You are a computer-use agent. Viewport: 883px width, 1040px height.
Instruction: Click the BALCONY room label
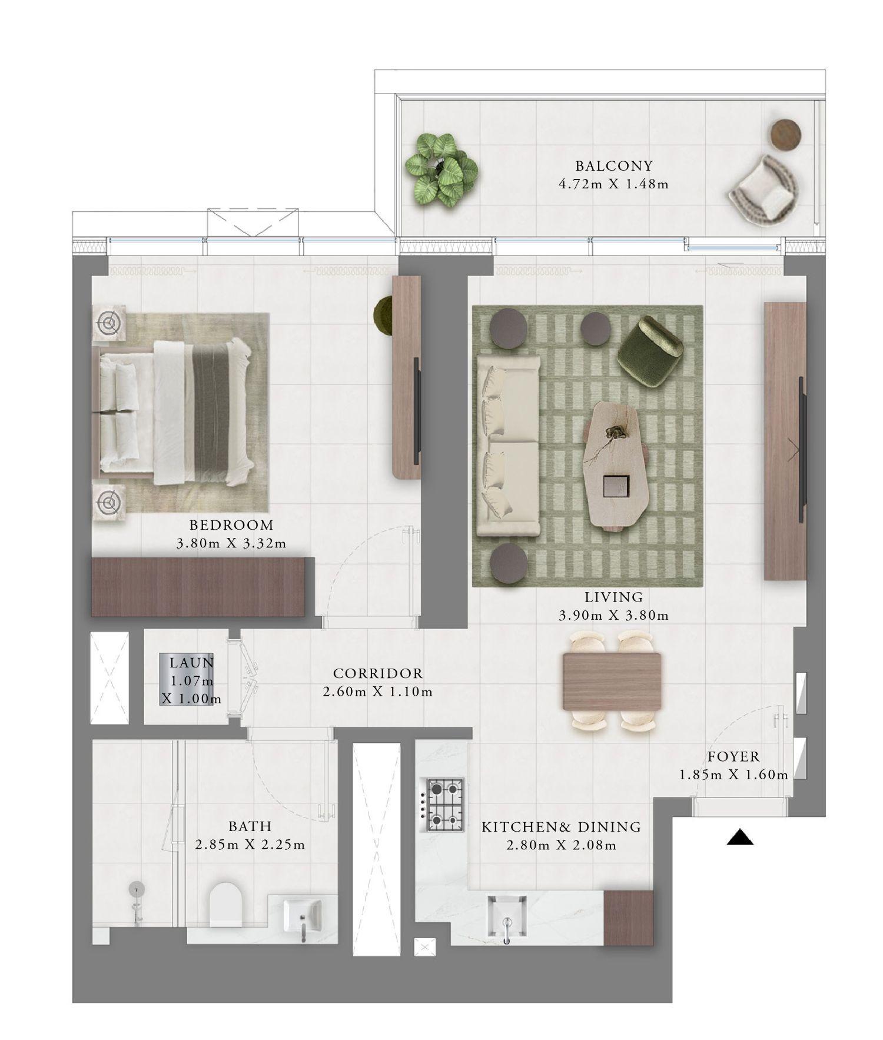614,166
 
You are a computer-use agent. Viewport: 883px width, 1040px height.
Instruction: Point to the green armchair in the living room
649,351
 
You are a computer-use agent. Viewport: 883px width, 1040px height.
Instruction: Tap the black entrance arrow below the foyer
740,838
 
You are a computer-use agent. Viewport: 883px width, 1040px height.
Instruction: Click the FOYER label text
733,756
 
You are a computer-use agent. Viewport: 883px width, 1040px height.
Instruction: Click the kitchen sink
507,914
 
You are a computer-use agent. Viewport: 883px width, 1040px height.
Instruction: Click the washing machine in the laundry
188,680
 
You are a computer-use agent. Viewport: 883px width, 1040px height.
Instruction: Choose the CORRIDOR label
377,673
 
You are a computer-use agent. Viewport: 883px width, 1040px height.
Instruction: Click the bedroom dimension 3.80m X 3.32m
231,543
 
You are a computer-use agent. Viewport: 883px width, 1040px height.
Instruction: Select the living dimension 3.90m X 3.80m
613,616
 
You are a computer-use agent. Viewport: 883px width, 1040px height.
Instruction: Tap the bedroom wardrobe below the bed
198,587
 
